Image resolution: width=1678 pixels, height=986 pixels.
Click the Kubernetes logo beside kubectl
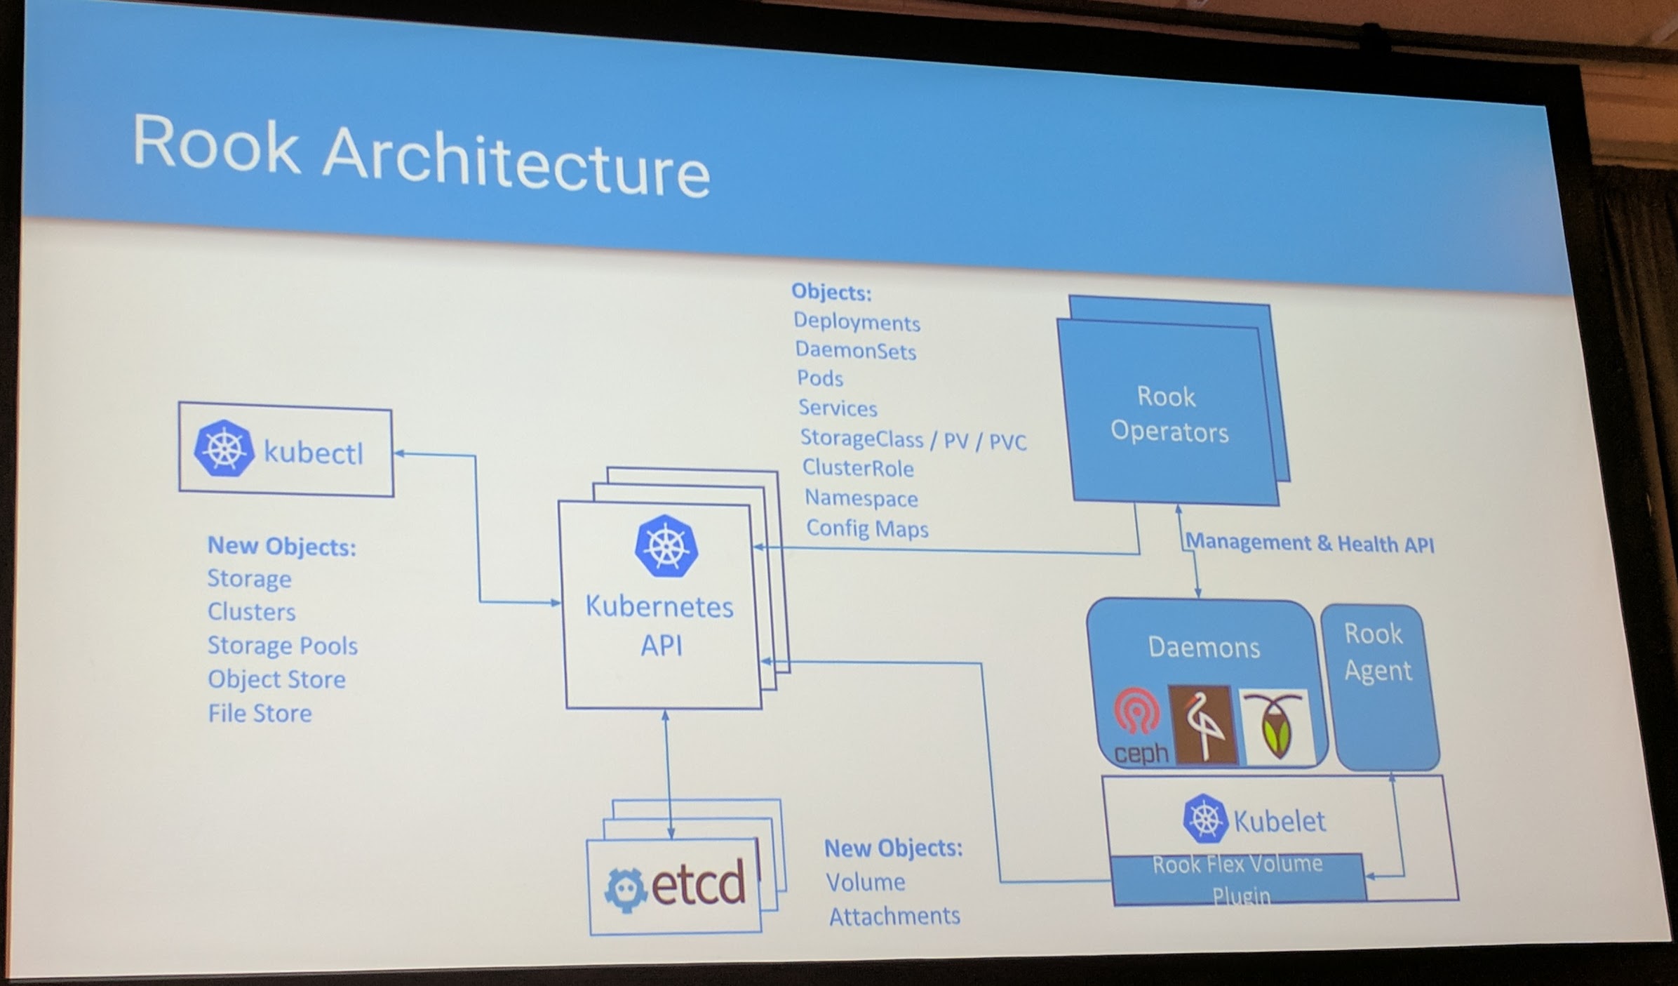coord(224,449)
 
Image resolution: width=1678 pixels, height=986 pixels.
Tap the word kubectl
coord(314,453)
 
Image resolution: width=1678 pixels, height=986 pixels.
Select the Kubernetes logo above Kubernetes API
coord(666,546)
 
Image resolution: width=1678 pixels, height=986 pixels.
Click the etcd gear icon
coord(625,889)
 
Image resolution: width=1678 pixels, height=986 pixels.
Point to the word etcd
coord(698,884)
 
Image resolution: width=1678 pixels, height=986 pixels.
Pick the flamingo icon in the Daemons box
coord(1202,725)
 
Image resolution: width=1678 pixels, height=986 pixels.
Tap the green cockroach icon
coord(1275,727)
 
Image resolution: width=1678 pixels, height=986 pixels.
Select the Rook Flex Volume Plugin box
coord(1238,879)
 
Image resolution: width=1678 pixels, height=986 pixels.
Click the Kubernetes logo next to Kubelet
coord(1205,818)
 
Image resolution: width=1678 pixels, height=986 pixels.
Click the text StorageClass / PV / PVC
coord(913,440)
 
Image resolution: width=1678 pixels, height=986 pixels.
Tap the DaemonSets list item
coord(855,350)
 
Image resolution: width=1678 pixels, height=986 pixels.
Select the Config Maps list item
coord(867,528)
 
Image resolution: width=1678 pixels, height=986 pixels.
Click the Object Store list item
coord(276,679)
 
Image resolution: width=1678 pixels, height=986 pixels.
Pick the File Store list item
coord(260,713)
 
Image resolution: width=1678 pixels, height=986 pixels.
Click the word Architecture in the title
coord(516,162)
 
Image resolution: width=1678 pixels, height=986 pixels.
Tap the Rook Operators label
coord(1169,414)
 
